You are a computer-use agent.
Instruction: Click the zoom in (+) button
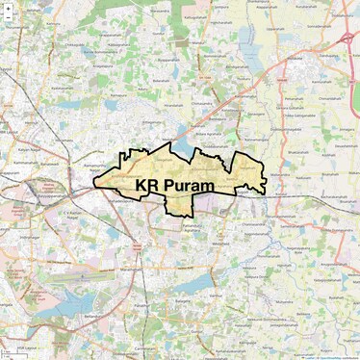pyautogui.click(x=8, y=8)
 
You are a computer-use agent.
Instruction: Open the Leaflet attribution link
pyautogui.click(x=310, y=357)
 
